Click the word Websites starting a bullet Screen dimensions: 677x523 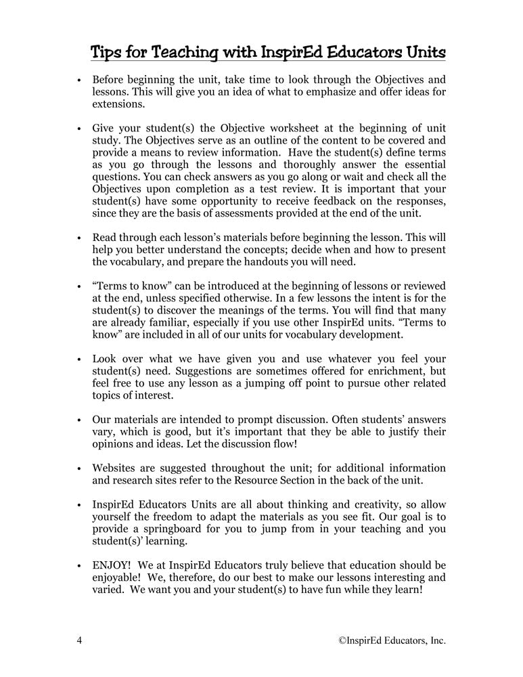(116, 468)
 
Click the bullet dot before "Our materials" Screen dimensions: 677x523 (79, 420)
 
